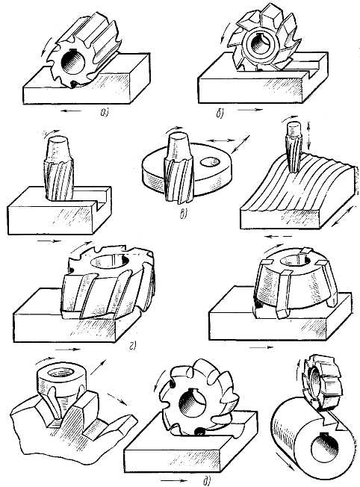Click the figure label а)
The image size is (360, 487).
[104, 113]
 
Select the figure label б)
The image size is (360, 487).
[220, 114]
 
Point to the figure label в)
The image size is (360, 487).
[184, 214]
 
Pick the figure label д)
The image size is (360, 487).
[207, 481]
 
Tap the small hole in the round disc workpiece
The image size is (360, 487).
[210, 161]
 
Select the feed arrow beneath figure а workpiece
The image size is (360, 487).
[72, 111]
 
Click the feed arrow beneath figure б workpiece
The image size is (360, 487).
[250, 110]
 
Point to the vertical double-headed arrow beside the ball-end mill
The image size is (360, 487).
[308, 134]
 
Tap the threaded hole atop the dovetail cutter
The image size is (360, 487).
[62, 372]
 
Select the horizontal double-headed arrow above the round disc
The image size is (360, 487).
[222, 140]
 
